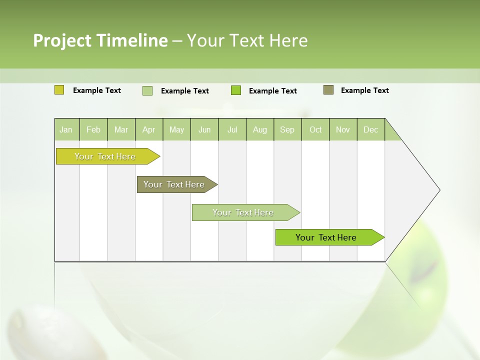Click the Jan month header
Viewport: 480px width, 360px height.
click(x=66, y=129)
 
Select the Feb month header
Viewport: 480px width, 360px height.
click(x=93, y=129)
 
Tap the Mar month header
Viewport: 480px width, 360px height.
click(x=121, y=129)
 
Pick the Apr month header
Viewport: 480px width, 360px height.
click(x=149, y=129)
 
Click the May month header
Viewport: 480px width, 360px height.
click(x=176, y=129)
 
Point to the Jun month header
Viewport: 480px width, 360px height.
click(x=204, y=129)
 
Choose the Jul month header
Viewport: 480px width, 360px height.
click(x=232, y=129)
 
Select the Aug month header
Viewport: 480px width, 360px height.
click(x=260, y=129)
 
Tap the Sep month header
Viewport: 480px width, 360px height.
click(x=287, y=129)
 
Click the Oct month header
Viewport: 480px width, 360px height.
click(x=315, y=129)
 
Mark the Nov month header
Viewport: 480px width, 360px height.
click(x=343, y=129)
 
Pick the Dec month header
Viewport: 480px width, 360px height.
click(x=371, y=129)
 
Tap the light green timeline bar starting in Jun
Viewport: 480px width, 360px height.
click(x=243, y=212)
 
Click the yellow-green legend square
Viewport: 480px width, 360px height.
click(x=59, y=90)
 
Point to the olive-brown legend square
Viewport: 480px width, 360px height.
click(x=328, y=90)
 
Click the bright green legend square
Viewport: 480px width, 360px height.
click(x=236, y=90)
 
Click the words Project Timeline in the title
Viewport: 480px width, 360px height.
click(x=100, y=40)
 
